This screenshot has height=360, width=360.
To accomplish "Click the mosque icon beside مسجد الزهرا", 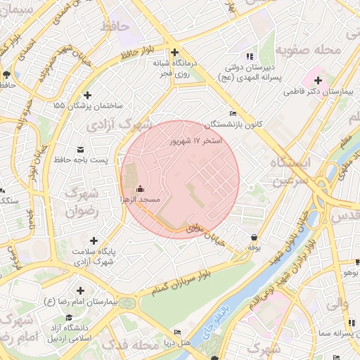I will [x=140, y=188].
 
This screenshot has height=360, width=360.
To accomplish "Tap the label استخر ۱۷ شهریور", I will [x=195, y=141].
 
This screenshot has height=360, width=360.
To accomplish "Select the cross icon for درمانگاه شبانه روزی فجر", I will [x=174, y=52].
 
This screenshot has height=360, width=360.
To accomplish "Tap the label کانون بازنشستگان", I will [x=233, y=124].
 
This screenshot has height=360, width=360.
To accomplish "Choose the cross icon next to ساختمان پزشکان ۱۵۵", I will [x=87, y=95].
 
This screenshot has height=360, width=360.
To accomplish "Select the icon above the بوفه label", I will [x=253, y=237].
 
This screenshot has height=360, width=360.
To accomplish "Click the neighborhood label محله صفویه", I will [x=303, y=50].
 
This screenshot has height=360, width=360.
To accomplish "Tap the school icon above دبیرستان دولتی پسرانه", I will [x=247, y=56].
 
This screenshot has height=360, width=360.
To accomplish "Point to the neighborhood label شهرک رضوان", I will [x=80, y=200].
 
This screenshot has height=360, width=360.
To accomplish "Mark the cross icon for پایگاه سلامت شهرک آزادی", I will [x=94, y=240].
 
